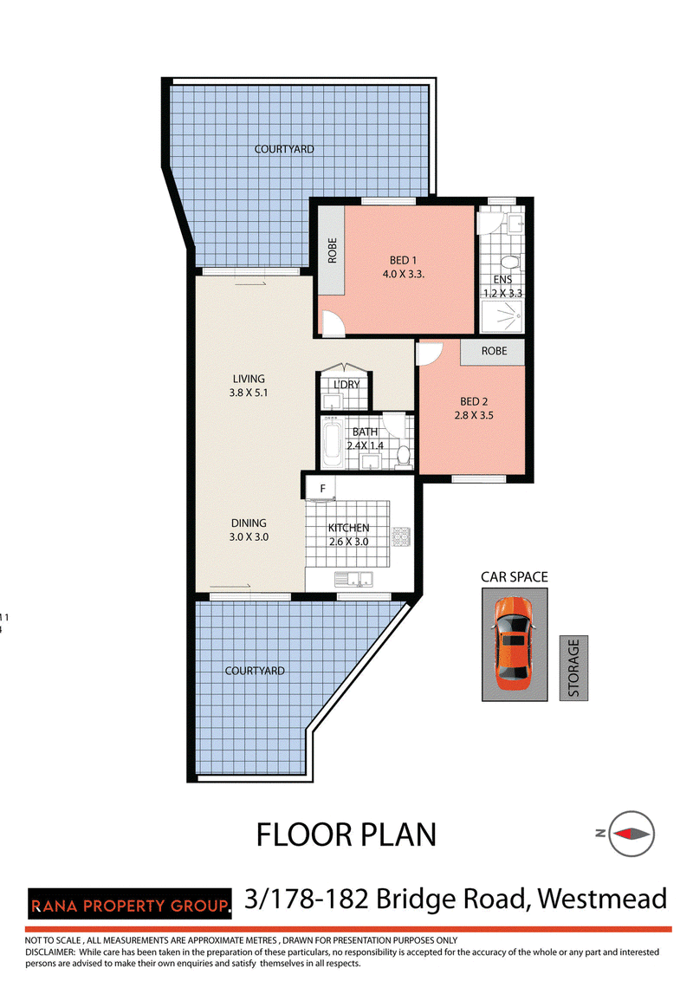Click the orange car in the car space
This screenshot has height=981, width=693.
tap(513, 643)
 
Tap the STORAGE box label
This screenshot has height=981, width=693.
tap(573, 667)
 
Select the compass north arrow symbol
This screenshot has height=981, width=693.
tap(631, 834)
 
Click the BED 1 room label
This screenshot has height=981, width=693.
tap(403, 260)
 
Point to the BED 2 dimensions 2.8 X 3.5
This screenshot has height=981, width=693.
tap(474, 415)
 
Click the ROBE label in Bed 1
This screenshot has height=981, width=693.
tap(332, 250)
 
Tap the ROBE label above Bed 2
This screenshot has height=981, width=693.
tap(494, 351)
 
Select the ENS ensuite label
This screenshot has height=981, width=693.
tap(503, 280)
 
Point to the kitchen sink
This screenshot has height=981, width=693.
tap(353, 580)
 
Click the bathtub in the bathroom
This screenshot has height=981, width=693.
tap(332, 444)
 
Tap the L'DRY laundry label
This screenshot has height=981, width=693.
tap(346, 384)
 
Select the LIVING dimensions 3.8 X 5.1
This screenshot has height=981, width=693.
tap(249, 393)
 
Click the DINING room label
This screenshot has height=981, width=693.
tap(249, 523)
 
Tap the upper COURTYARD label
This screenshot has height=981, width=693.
tap(284, 149)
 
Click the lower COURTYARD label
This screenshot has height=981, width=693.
tap(255, 671)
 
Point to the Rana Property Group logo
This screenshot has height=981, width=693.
tap(129, 904)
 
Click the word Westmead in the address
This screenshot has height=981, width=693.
tap(602, 899)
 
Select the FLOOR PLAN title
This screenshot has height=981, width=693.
tap(346, 835)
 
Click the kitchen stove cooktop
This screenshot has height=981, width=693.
tap(401, 536)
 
